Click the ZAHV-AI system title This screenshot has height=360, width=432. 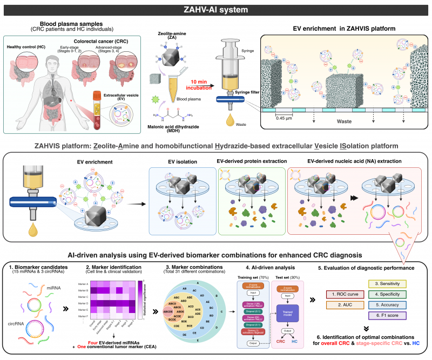[x=216, y=9]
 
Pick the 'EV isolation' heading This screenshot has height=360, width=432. [x=181, y=161]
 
